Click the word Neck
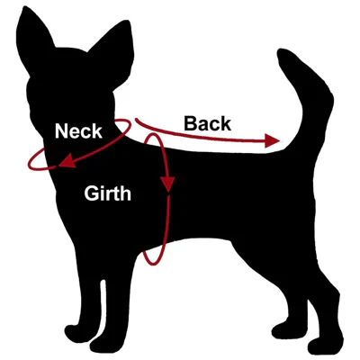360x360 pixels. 78,131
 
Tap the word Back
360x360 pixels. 207,123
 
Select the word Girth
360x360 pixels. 108,193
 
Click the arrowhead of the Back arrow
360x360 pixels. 273,141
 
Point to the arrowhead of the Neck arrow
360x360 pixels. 67,162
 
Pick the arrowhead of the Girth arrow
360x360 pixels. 167,184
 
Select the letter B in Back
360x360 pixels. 191,123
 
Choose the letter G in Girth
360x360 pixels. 91,193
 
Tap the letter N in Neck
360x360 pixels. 61,131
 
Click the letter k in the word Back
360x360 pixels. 226,123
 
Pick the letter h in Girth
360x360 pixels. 125,193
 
